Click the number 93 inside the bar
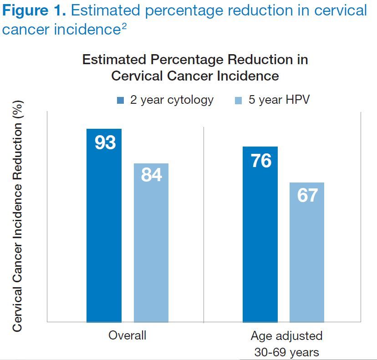[105, 143]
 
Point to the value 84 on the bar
[152, 175]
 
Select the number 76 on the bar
[261, 161]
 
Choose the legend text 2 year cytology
[172, 100]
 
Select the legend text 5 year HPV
[279, 100]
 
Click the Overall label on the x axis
[127, 336]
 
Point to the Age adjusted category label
[286, 336]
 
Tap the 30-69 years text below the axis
[286, 352]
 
